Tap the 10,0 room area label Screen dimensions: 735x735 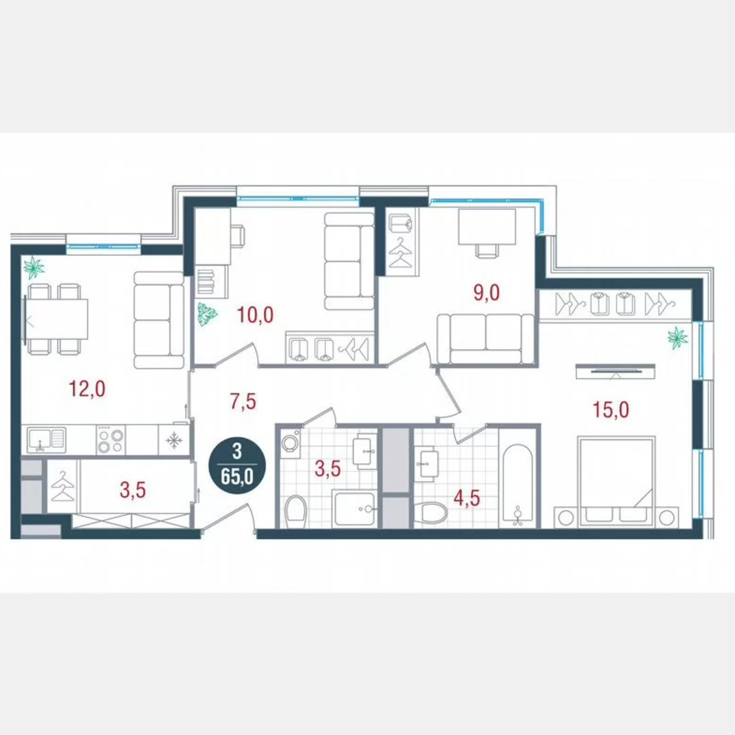click(x=256, y=315)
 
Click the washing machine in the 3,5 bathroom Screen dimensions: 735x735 click(x=288, y=443)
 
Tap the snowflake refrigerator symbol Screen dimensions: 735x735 click(x=175, y=440)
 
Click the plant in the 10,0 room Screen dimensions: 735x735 click(x=207, y=315)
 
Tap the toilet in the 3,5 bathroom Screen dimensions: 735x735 click(x=297, y=511)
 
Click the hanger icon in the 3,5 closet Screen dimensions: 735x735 click(x=62, y=488)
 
